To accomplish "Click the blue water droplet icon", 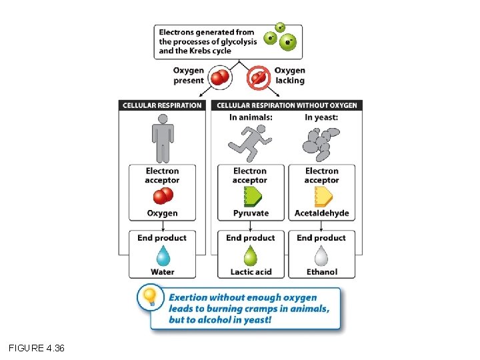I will pos(162,256).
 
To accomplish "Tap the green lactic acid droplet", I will pos(250,256).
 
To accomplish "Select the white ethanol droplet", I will pos(321,256).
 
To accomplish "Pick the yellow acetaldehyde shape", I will pos(323,196).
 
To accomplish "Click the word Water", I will pos(162,272).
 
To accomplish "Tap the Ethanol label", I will pos(322,272).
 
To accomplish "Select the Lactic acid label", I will pos(250,272).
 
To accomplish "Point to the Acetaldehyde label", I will pos(322,213).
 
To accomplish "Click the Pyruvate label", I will pos(251,213).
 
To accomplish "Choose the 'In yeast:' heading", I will pos(321,117).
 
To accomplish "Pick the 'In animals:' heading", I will pos(251,117).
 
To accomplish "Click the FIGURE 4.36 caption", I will pos(37,348).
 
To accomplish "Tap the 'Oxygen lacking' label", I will pos(289,75).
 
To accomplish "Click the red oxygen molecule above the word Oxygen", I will pos(163,196).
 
